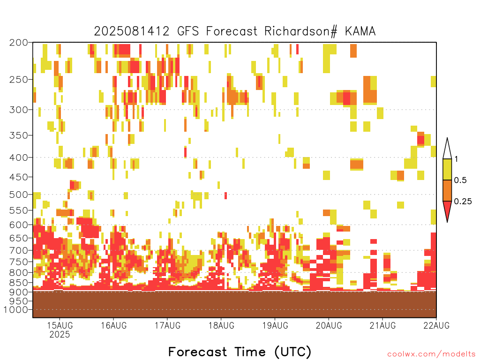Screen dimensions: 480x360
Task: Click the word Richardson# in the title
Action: [x=301, y=31]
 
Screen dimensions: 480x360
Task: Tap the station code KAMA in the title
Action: [x=360, y=31]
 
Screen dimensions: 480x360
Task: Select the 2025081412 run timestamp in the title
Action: [x=132, y=31]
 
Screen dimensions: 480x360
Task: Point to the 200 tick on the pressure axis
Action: [x=19, y=43]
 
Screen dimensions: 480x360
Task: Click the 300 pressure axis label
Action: [x=19, y=110]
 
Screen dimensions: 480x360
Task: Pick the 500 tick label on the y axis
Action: [x=19, y=195]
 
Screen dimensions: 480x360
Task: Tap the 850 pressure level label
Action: [x=19, y=282]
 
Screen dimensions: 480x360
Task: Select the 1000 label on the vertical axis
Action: [x=16, y=310]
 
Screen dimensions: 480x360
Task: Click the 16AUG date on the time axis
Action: [x=113, y=325]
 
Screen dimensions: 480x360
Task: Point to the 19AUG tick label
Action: [x=275, y=325]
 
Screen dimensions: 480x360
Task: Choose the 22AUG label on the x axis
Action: [x=436, y=325]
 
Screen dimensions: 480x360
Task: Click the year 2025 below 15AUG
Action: [x=60, y=334]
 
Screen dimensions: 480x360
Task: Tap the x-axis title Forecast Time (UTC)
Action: [x=240, y=352]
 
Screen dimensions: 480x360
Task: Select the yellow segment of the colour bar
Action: [x=447, y=169]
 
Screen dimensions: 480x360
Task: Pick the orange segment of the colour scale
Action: [x=447, y=190]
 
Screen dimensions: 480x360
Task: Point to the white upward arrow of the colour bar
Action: [x=447, y=149]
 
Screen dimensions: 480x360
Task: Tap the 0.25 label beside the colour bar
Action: [x=463, y=202]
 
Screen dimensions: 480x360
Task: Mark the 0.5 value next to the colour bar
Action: [x=460, y=180]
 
